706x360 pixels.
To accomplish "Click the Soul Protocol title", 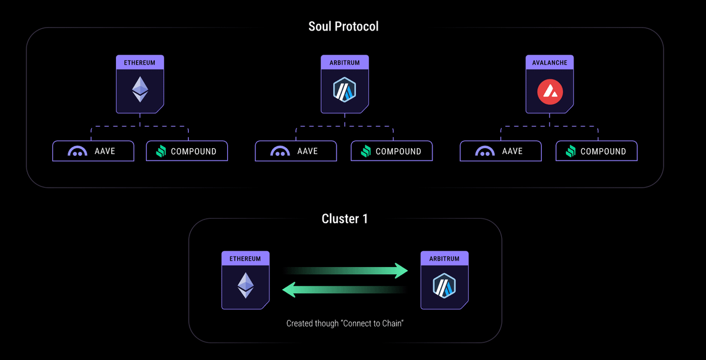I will [x=344, y=26].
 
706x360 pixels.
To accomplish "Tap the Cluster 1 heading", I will [x=345, y=219].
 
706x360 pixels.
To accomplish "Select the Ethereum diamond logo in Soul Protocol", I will [x=140, y=89].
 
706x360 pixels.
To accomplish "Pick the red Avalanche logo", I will [x=550, y=91].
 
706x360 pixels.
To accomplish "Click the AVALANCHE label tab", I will [x=550, y=62].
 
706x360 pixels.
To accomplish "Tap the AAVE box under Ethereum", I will [x=94, y=151].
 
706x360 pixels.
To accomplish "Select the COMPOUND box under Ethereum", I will [x=187, y=151].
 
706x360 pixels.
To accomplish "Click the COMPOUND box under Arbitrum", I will [x=391, y=151].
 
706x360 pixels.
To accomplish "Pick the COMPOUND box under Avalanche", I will [x=596, y=151].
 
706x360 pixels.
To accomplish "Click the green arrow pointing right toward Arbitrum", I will [x=347, y=271].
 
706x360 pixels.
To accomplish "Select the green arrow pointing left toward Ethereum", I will [x=344, y=289].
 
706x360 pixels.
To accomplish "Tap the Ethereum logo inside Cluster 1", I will [x=245, y=285].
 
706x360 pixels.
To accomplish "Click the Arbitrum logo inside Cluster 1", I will [x=445, y=286].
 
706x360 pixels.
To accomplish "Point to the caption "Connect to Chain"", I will [x=344, y=324].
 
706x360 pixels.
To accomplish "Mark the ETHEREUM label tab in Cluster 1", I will [x=245, y=258].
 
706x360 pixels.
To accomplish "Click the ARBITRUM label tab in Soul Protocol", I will [x=345, y=62].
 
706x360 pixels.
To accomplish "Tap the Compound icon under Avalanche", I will [x=571, y=151].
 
